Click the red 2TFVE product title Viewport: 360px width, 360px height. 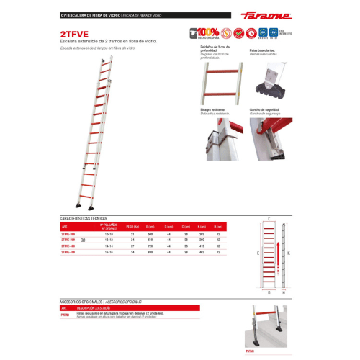point(73,32)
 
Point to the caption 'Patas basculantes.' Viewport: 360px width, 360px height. point(263,51)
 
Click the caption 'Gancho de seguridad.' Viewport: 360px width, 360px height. point(265,110)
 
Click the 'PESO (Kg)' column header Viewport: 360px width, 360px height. point(132,226)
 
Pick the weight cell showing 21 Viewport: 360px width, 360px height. point(132,234)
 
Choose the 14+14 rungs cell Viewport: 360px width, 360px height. point(108,246)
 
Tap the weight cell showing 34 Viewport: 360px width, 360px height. point(132,253)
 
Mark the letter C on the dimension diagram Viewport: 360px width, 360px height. point(269,218)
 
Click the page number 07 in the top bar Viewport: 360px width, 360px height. point(63,14)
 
